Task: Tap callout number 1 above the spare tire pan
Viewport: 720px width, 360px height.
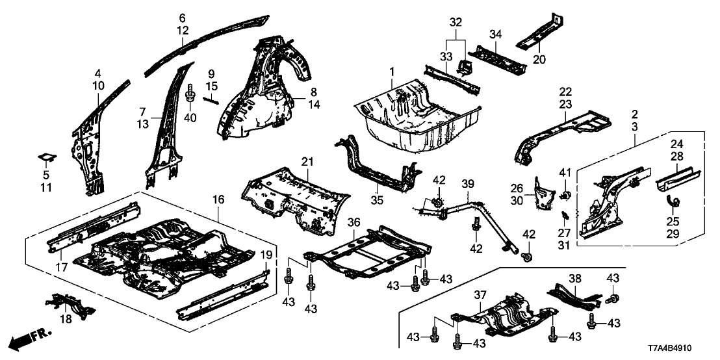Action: coord(392,70)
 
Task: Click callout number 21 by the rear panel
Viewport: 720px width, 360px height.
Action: coord(307,161)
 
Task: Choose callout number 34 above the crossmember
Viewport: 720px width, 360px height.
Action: coord(496,33)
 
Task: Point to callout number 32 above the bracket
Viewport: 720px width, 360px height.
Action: coord(456,21)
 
